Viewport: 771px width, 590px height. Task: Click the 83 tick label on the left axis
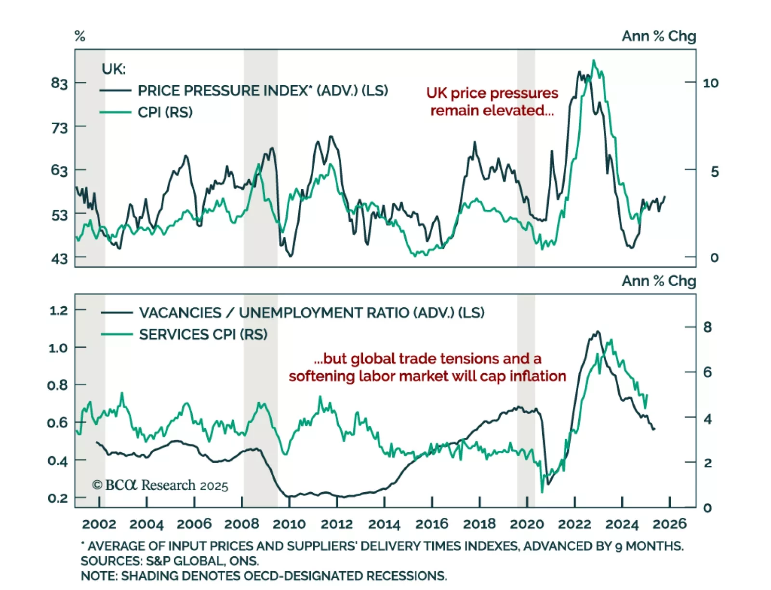pos(59,83)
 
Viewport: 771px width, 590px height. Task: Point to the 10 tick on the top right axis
pos(710,83)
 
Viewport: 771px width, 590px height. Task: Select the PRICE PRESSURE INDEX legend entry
pos(263,91)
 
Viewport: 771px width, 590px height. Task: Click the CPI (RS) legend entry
pos(165,112)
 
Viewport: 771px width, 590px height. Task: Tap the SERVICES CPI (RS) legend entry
pos(203,334)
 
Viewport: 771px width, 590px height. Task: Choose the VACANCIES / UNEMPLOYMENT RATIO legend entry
pos(311,313)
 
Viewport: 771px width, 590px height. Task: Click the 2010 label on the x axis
pos(289,524)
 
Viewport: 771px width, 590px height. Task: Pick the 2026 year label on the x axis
pos(669,524)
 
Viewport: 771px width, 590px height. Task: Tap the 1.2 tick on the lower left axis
pos(59,311)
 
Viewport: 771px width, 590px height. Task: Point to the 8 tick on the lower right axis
pos(707,328)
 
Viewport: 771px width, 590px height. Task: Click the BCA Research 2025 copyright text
pos(160,485)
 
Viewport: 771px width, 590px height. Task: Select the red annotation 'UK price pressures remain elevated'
pos(492,102)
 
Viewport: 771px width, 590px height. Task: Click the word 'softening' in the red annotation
pos(322,376)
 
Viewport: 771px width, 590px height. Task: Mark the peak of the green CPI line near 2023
pos(594,61)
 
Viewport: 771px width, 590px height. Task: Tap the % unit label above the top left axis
pos(80,36)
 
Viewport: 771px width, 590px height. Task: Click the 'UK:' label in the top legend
pos(113,69)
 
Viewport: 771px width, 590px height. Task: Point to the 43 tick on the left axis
pos(59,259)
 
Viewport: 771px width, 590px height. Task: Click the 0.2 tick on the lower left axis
pos(58,498)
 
